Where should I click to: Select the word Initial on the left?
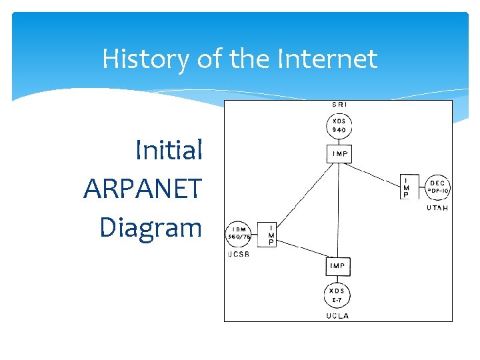pos(168,151)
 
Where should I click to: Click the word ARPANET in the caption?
pos(142,189)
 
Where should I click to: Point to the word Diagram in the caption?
pos(150,227)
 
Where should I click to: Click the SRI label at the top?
pos(339,105)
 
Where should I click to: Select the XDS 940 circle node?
pos(339,125)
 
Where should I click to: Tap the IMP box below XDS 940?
pos(339,154)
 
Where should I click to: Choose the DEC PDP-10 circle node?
pos(437,187)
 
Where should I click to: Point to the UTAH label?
pos(437,208)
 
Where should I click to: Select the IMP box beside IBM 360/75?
pos(270,234)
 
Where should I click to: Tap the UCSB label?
pos(238,255)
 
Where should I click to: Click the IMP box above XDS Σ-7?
pos(338,266)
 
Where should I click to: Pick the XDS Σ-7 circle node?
pos(338,295)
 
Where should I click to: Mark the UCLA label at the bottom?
pos(338,315)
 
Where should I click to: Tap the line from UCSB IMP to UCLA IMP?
pos(304,250)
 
